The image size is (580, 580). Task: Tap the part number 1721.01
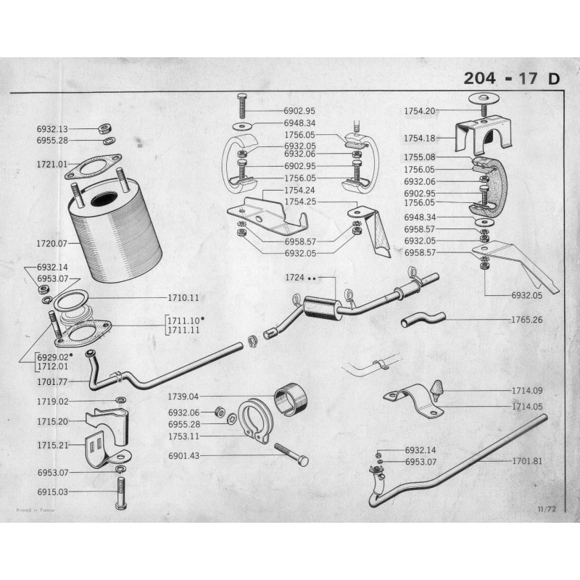tap(51, 165)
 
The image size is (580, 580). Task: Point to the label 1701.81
tap(528, 460)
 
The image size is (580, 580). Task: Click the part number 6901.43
tap(184, 456)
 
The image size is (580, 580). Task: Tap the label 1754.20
tap(420, 111)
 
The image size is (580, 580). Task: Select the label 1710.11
tap(183, 298)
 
